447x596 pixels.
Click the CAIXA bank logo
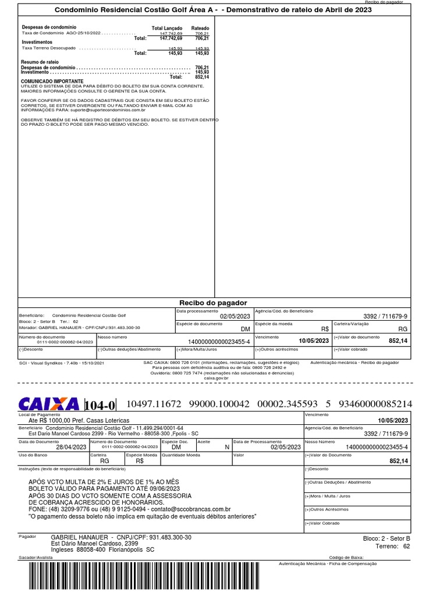click(x=49, y=404)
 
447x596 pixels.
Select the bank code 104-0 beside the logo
click(x=100, y=405)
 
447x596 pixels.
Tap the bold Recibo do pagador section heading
click(x=212, y=303)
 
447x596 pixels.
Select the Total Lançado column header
click(x=166, y=28)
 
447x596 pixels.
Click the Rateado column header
click(x=200, y=28)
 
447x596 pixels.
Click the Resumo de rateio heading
click(x=40, y=62)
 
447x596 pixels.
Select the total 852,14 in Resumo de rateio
click(x=201, y=77)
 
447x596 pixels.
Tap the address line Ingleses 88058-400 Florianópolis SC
click(x=102, y=549)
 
